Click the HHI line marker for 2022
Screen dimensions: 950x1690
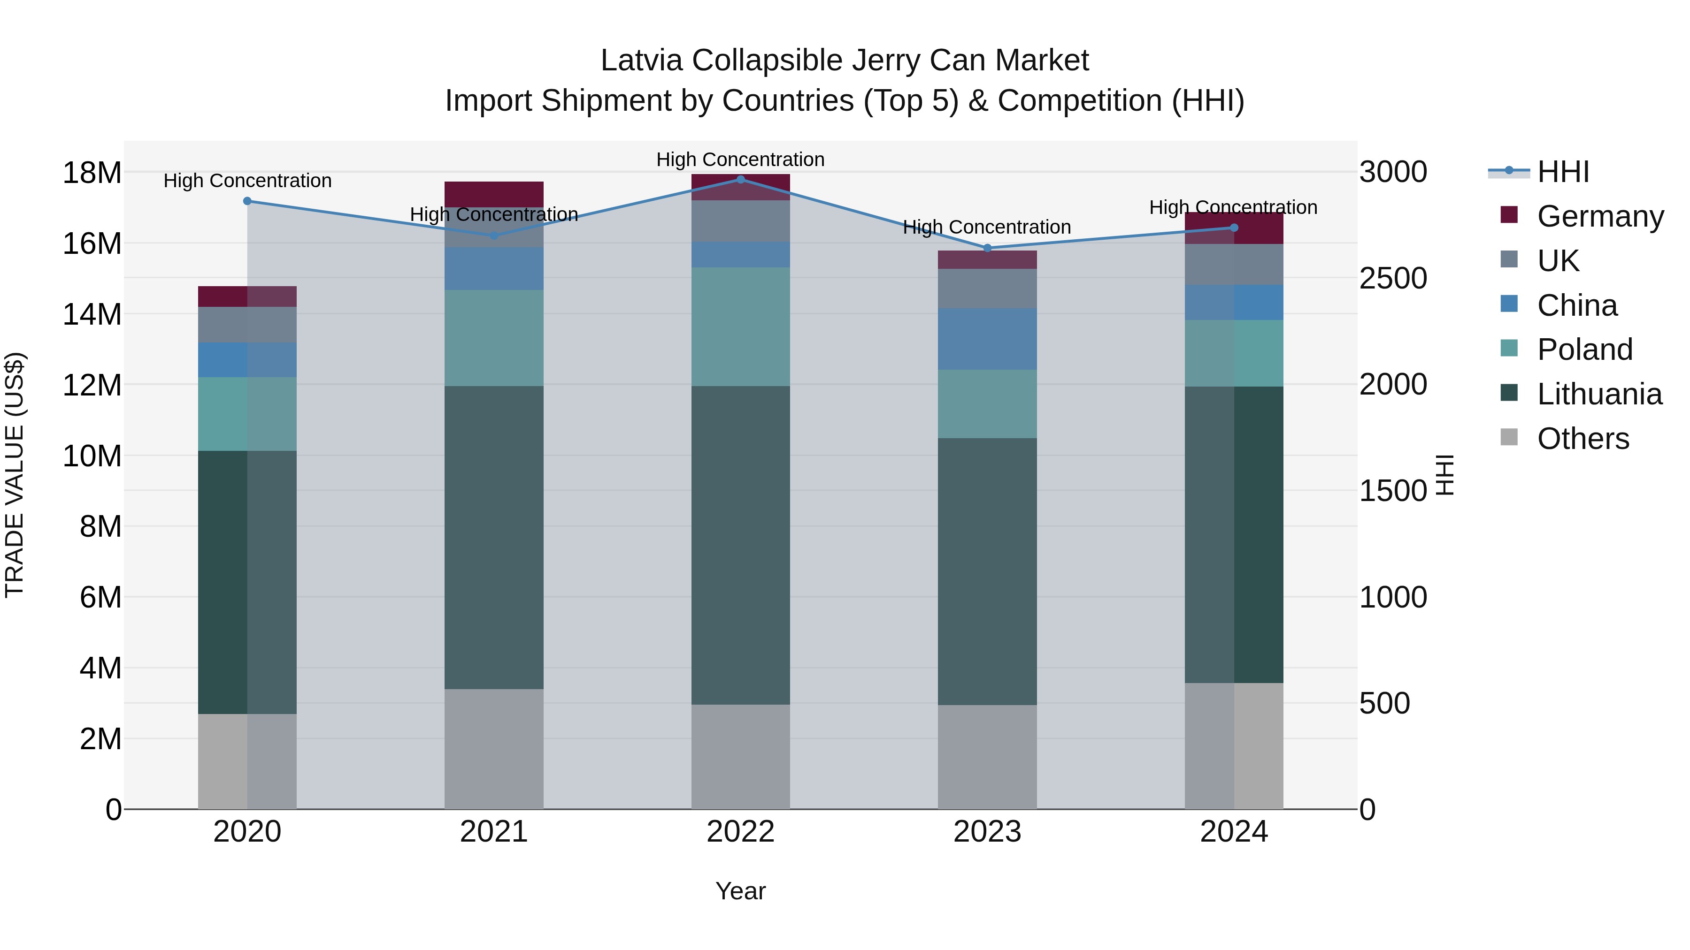click(x=741, y=179)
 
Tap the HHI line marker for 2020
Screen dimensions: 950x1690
click(x=247, y=201)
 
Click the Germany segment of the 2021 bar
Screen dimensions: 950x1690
click(x=494, y=194)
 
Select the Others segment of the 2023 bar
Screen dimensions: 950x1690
click(x=987, y=757)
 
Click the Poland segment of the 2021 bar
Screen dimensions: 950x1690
click(x=494, y=338)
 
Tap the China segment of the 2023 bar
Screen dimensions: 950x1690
click(x=987, y=339)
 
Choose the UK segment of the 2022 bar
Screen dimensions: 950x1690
click(x=741, y=221)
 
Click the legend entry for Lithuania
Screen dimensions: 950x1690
click(x=1599, y=394)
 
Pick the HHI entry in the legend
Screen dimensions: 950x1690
click(x=1563, y=172)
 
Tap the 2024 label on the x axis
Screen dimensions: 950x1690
click(x=1233, y=832)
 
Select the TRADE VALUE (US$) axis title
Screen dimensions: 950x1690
click(x=15, y=475)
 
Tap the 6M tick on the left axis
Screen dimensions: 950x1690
click(x=100, y=597)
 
